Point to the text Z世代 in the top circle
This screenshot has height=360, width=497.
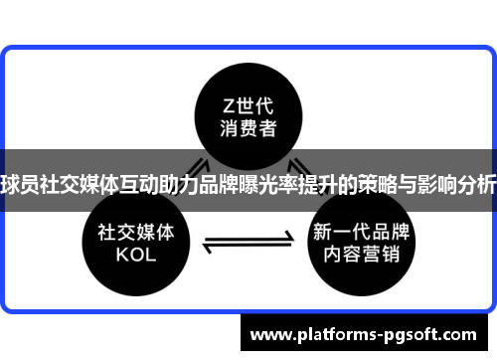(248, 104)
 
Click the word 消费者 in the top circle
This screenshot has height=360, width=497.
(248, 128)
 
